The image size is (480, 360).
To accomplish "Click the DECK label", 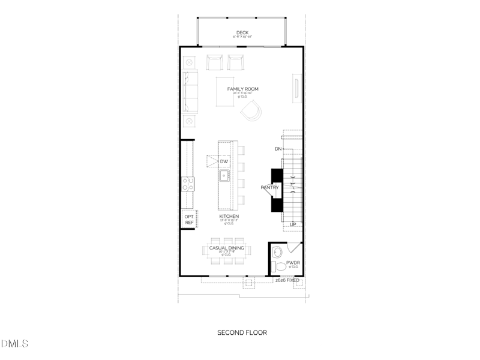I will point(242,33).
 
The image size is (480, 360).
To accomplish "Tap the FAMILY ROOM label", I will point(242,89).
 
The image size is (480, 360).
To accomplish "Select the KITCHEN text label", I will point(229,216).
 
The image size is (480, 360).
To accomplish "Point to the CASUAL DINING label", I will point(226,247).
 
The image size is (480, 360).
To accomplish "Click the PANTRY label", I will point(269,188).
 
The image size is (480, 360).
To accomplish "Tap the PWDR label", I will point(293,262).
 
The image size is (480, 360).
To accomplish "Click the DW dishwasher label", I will point(223,162).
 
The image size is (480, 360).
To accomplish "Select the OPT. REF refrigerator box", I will point(189,219).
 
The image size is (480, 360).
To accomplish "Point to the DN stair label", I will point(278,148).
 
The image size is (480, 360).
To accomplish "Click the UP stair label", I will point(293,224).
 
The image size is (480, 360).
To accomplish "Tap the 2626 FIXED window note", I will point(287,280).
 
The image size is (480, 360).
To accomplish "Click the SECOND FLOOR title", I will point(242,332).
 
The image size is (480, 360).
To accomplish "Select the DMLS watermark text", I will point(14,344).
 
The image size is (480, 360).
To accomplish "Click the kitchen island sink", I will point(224,176).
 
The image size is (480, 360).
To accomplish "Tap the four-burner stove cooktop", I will point(188,184).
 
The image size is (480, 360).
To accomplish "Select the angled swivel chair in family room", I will point(251,110).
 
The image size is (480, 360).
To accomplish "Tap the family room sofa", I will point(190,91).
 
